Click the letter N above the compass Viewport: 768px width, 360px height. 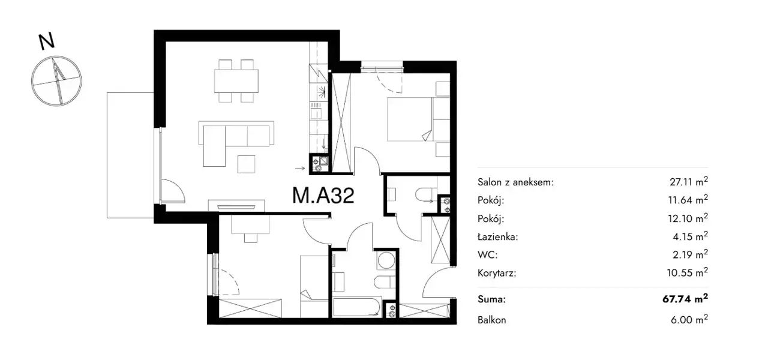46,41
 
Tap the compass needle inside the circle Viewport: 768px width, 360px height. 58,81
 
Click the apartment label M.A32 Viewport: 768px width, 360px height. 323,196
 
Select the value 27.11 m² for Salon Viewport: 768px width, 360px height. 688,181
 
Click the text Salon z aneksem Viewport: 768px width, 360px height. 515,182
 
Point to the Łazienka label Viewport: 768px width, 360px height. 498,236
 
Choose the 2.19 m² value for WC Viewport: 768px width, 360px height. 690,254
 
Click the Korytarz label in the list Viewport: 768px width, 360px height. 497,273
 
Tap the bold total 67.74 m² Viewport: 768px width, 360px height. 685,299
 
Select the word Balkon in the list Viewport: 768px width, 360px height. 491,320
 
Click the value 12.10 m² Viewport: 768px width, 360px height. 688,218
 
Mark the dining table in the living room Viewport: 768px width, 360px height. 236,81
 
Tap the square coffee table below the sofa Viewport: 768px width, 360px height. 247,164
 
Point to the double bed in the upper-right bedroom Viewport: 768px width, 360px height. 418,119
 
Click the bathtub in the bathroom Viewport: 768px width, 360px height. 357,307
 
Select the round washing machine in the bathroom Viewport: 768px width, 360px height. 386,261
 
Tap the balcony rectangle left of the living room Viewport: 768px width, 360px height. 130,155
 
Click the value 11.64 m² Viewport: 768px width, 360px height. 688,200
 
